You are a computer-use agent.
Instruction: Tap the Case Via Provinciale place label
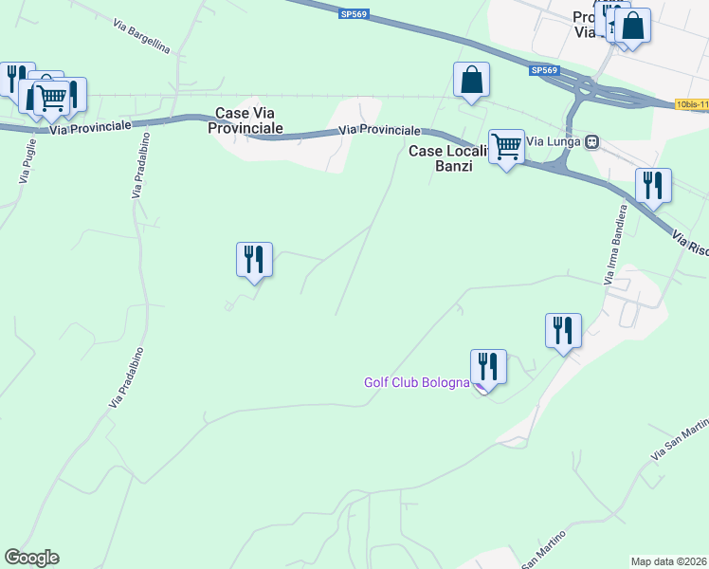coord(249,119)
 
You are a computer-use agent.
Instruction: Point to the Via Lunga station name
coord(553,142)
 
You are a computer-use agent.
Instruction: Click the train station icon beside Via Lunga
coord(592,142)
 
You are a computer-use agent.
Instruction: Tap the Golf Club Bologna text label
coord(417,383)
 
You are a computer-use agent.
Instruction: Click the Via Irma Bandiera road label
coord(615,244)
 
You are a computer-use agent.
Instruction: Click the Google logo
coord(31,558)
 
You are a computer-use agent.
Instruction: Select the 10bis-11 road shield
coord(692,103)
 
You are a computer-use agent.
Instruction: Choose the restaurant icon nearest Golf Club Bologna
coord(488,366)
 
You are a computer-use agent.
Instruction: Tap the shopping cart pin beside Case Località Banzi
coord(507,148)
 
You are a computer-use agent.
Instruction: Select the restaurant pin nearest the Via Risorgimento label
coord(653,185)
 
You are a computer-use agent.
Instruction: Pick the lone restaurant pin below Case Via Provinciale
coord(254,260)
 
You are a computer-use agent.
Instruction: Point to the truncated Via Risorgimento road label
coord(691,245)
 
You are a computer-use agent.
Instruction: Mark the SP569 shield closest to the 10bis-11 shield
coord(544,71)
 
